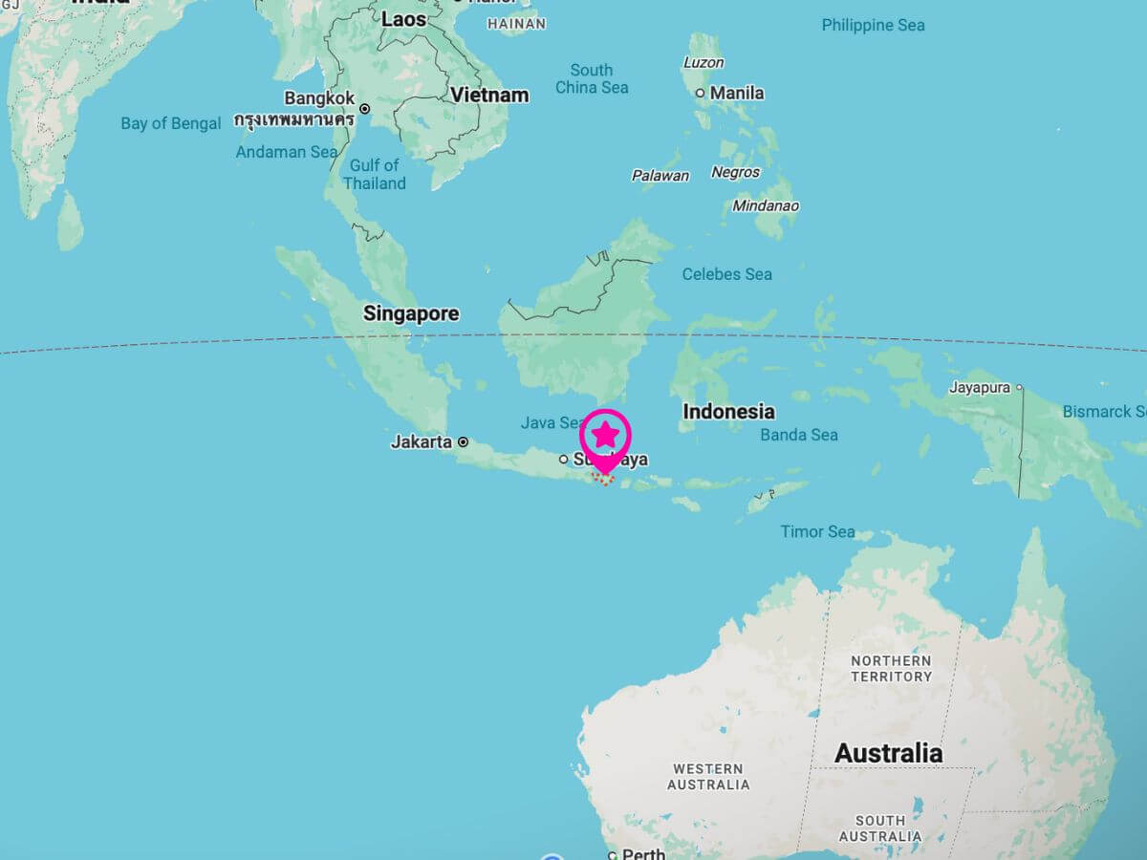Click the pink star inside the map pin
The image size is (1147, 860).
tap(606, 435)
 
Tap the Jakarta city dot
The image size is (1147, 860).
tap(464, 442)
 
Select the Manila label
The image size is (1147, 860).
tap(737, 93)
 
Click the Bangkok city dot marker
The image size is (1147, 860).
tap(364, 109)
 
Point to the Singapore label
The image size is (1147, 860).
tap(411, 313)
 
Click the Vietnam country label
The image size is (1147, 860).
tap(490, 95)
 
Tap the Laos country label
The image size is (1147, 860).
tap(404, 19)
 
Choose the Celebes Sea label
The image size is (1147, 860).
tap(726, 274)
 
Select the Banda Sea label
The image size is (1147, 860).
tap(799, 435)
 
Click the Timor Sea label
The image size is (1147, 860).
tap(817, 531)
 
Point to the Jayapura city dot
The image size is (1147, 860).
tap(1020, 387)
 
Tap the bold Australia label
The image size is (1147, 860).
tap(888, 753)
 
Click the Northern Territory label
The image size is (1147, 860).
tap(891, 669)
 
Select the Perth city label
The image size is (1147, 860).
tap(643, 854)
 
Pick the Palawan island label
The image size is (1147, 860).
tap(660, 176)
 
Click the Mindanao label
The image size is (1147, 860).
tap(766, 205)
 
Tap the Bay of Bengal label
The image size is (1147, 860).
tap(171, 123)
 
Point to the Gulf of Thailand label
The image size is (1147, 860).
tap(375, 174)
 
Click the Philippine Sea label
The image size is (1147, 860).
tap(873, 25)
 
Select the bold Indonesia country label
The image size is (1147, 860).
tap(728, 412)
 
